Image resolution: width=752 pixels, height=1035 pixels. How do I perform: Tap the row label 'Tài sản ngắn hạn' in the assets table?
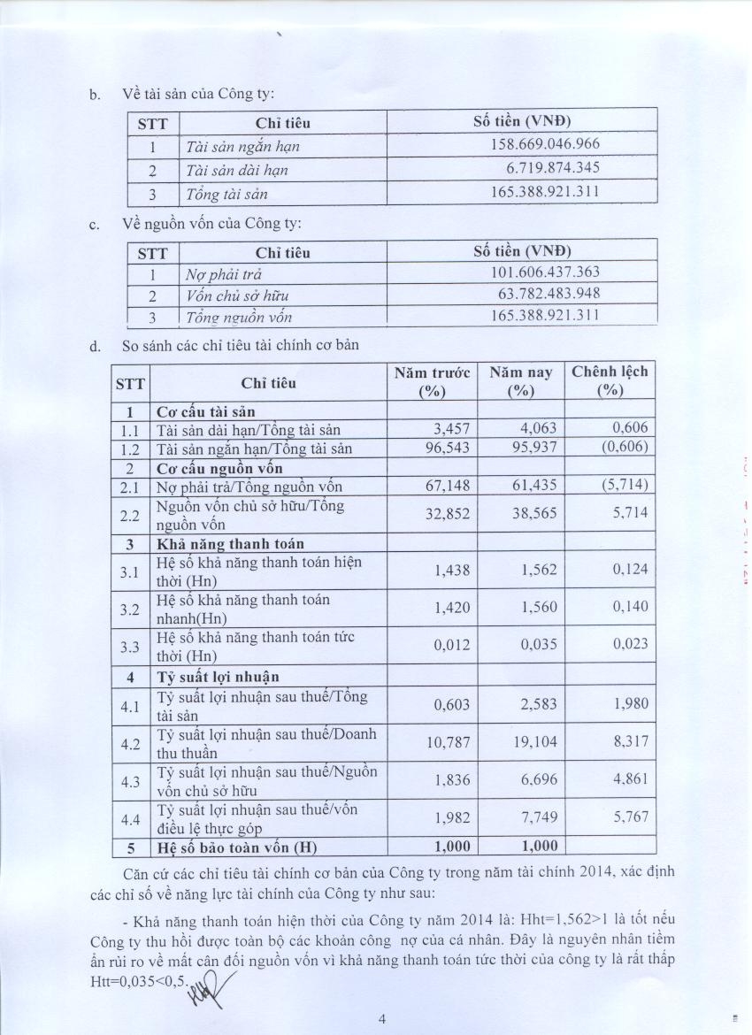[x=236, y=146]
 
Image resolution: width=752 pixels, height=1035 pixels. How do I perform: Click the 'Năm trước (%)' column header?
[x=432, y=382]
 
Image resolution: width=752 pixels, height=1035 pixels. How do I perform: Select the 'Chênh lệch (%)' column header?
[x=610, y=381]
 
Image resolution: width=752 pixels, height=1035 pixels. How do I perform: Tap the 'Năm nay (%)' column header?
[x=521, y=382]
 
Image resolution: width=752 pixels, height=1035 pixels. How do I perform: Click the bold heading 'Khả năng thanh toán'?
[x=230, y=544]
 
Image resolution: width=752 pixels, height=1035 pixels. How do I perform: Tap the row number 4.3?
[x=130, y=780]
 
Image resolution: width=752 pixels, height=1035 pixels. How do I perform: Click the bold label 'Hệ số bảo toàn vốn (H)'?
[x=237, y=847]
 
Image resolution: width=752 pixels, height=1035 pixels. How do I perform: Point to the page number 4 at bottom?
[x=382, y=1019]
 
